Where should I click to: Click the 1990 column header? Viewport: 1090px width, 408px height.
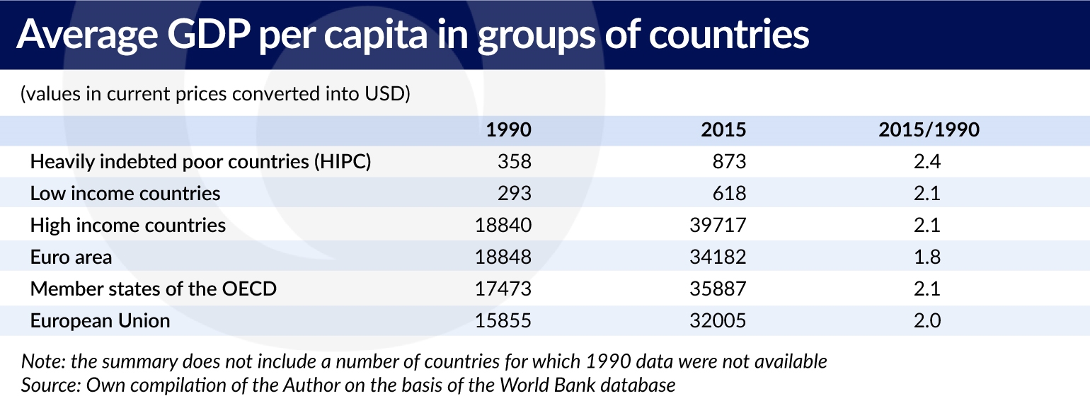(x=508, y=130)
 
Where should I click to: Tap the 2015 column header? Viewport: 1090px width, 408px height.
(x=723, y=130)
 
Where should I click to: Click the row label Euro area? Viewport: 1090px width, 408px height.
(x=71, y=257)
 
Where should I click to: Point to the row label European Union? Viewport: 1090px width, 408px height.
(x=100, y=321)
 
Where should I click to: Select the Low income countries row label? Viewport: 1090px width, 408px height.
(x=125, y=194)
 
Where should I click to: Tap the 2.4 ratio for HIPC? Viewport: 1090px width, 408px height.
(x=926, y=162)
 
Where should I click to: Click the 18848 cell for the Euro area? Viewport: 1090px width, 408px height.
(x=502, y=257)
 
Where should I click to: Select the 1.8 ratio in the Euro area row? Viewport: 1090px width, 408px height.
(x=926, y=257)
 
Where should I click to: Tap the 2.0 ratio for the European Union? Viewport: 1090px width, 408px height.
(x=926, y=321)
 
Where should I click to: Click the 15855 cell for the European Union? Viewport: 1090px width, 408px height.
(x=502, y=321)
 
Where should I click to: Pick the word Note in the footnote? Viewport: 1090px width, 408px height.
(x=40, y=362)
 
